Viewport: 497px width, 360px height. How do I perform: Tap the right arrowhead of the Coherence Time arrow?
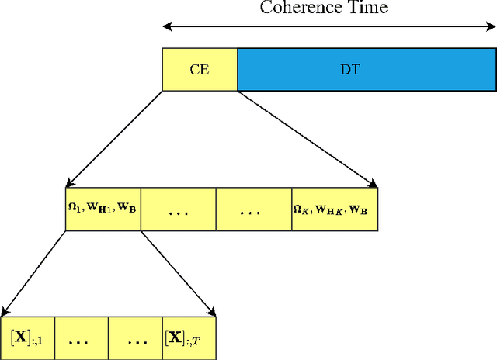click(492, 27)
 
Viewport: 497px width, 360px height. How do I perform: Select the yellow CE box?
click(200, 69)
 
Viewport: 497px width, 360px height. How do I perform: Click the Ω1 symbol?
click(76, 208)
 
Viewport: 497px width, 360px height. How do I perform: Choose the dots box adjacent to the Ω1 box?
click(179, 209)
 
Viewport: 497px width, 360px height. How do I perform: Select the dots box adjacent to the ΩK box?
click(254, 209)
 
